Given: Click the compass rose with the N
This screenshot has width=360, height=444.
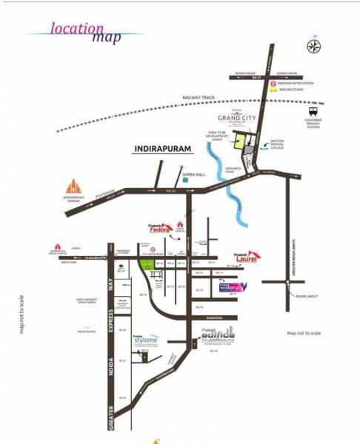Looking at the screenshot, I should [x=314, y=45].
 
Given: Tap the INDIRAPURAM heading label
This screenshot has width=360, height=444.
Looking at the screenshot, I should [x=162, y=149].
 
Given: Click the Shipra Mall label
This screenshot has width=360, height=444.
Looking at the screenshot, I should [x=193, y=177].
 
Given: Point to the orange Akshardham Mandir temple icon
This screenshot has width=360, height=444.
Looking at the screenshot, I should [x=73, y=186].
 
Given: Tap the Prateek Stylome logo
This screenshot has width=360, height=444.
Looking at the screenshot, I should [x=147, y=341].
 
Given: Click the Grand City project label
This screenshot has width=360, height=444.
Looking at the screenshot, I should [x=236, y=118].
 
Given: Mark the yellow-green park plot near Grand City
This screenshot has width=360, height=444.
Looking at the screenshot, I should [x=241, y=142].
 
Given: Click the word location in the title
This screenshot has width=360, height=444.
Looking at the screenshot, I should [x=77, y=30].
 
